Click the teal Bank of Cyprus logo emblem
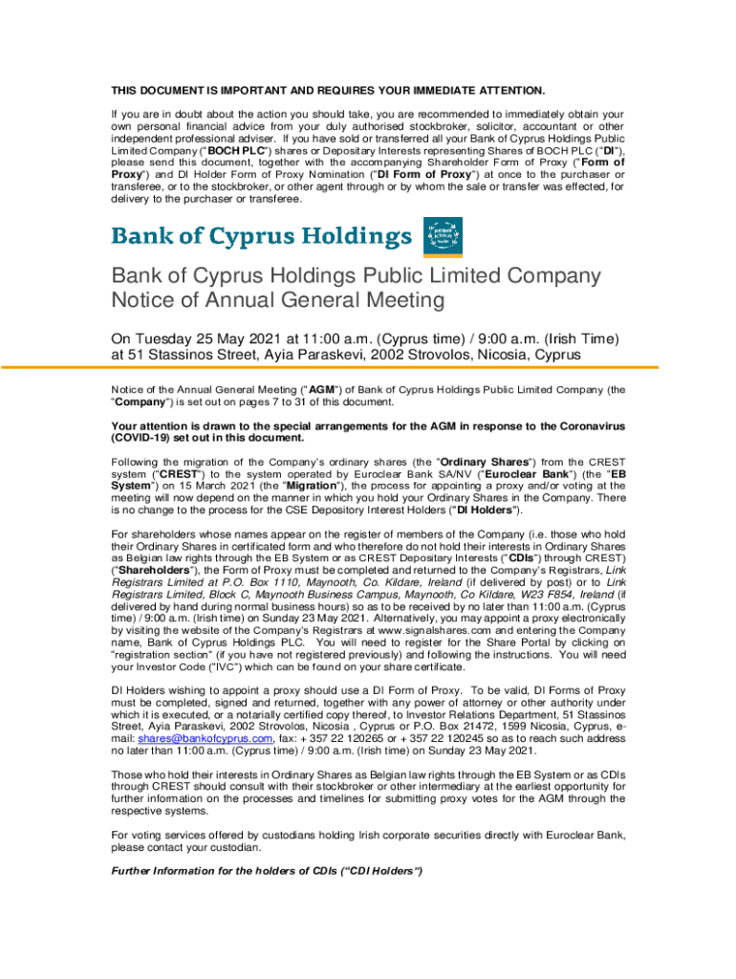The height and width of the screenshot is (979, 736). click(x=443, y=236)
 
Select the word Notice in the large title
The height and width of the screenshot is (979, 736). click(x=147, y=300)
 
